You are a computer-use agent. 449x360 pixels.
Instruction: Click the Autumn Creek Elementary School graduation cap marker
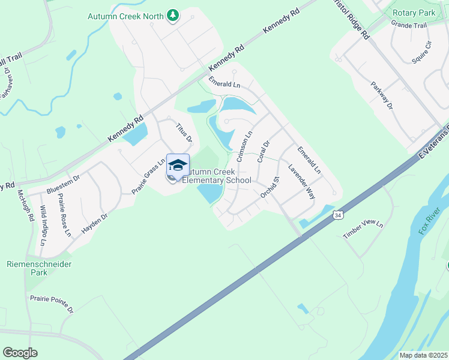pyautogui.click(x=178, y=165)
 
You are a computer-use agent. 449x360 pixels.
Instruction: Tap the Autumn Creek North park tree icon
pyautogui.click(x=173, y=15)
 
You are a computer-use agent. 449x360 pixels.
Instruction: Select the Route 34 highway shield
pyautogui.click(x=339, y=214)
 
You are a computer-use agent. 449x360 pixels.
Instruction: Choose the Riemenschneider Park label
pyautogui.click(x=39, y=268)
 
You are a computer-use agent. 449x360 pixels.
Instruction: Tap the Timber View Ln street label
pyautogui.click(x=362, y=224)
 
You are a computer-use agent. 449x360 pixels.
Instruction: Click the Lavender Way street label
pyautogui.click(x=302, y=182)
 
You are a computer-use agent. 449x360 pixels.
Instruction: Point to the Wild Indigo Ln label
pyautogui.click(x=43, y=226)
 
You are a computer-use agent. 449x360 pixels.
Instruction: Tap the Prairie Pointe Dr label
pyautogui.click(x=52, y=304)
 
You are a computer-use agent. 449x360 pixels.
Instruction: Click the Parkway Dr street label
pyautogui.click(x=381, y=95)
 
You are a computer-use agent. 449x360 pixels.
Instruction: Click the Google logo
pyautogui.click(x=20, y=353)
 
